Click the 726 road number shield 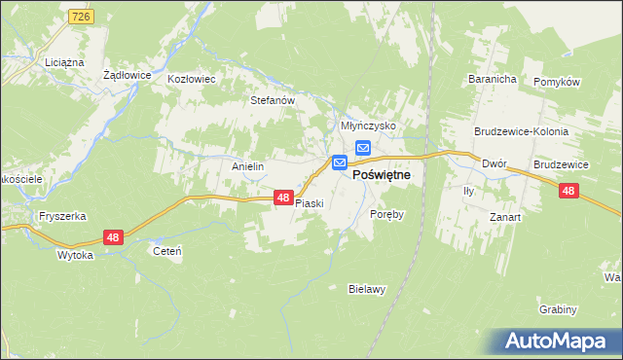click(81, 18)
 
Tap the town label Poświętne click(381, 174)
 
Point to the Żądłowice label click(126, 74)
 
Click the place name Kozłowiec click(191, 79)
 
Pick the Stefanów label click(273, 99)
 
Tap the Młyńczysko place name click(367, 126)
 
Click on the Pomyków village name click(557, 82)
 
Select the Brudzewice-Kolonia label click(521, 131)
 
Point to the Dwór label click(495, 164)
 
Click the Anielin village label click(247, 166)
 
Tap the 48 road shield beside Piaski click(282, 198)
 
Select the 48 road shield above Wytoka click(114, 237)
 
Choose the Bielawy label click(368, 289)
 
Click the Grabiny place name click(558, 308)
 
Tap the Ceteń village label click(167, 250)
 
